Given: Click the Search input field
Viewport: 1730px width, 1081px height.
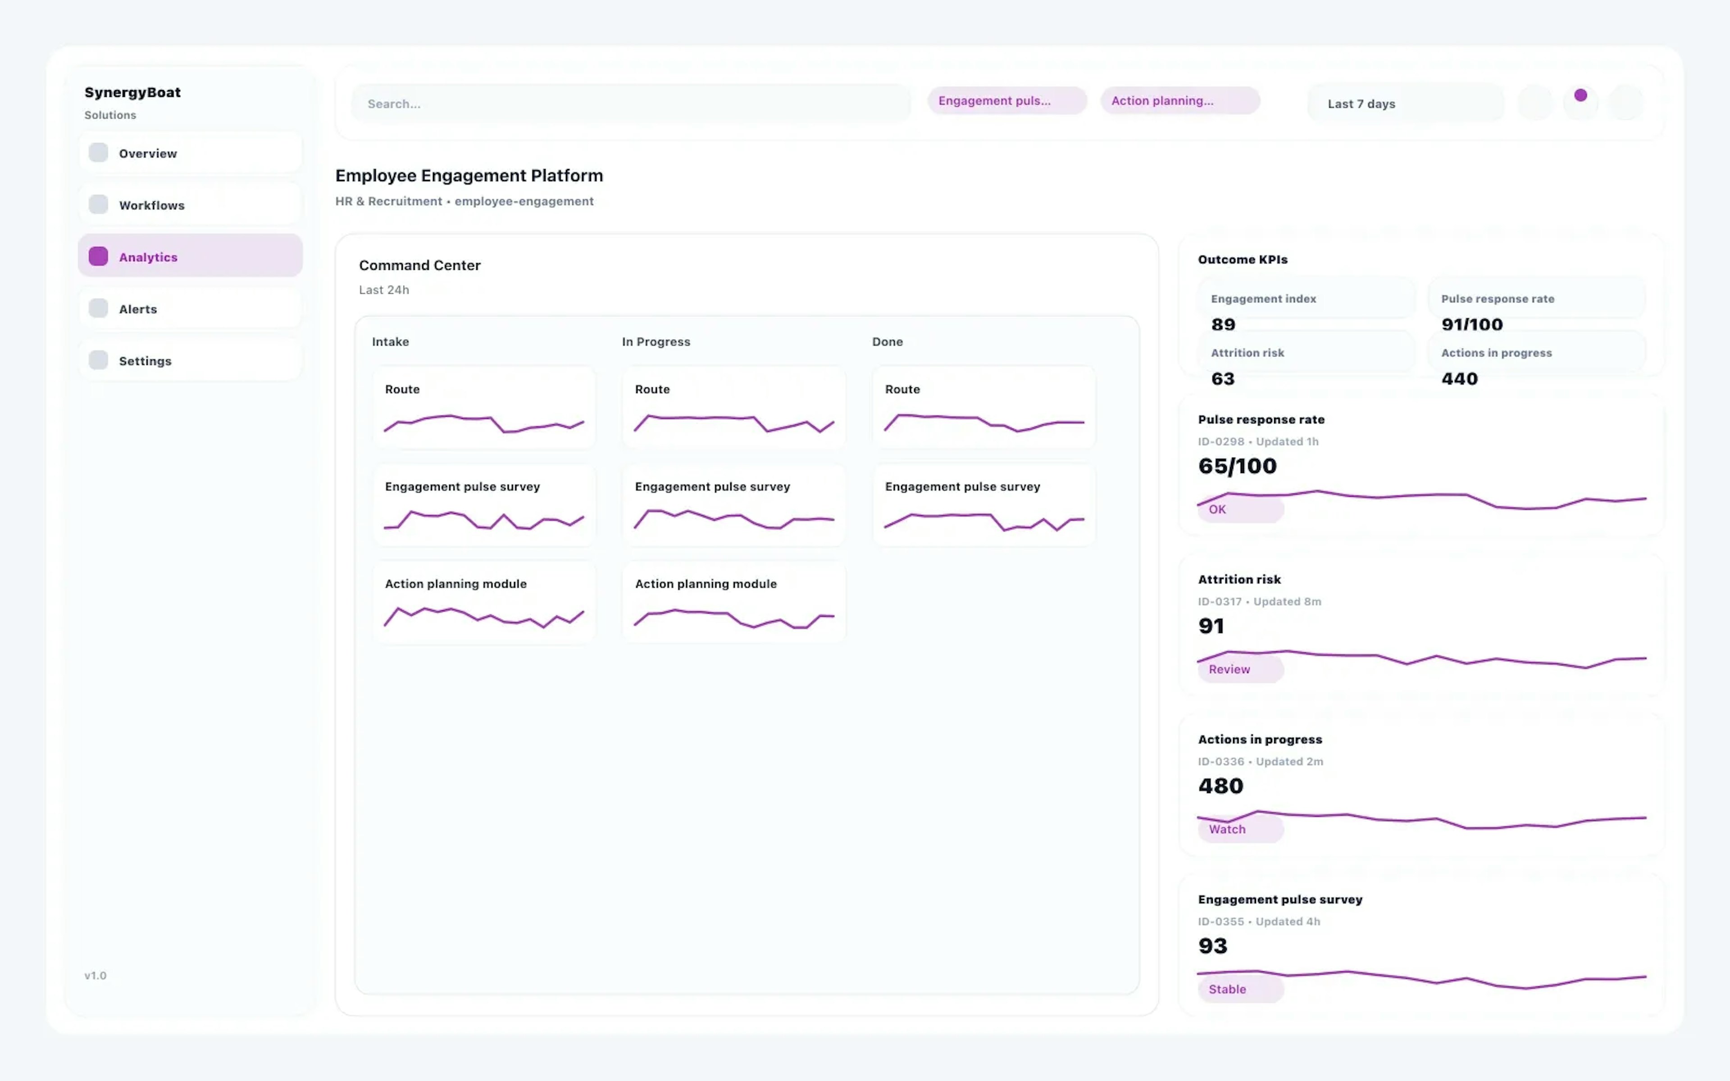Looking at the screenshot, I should [631, 104].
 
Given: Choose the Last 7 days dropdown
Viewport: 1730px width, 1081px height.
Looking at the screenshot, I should [1405, 104].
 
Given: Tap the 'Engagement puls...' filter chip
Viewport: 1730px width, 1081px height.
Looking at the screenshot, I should [1006, 101].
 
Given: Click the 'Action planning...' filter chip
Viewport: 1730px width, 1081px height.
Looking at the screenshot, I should [1179, 101].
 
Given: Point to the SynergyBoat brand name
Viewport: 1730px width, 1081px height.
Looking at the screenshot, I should [132, 92].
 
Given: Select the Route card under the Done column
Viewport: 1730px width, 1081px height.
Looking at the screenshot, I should [983, 408].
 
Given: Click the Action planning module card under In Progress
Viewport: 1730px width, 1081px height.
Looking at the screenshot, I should [733, 602].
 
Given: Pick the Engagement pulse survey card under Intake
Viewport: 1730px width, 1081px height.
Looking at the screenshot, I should [484, 505].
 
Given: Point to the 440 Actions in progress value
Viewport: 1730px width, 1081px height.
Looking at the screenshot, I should [1459, 379].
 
